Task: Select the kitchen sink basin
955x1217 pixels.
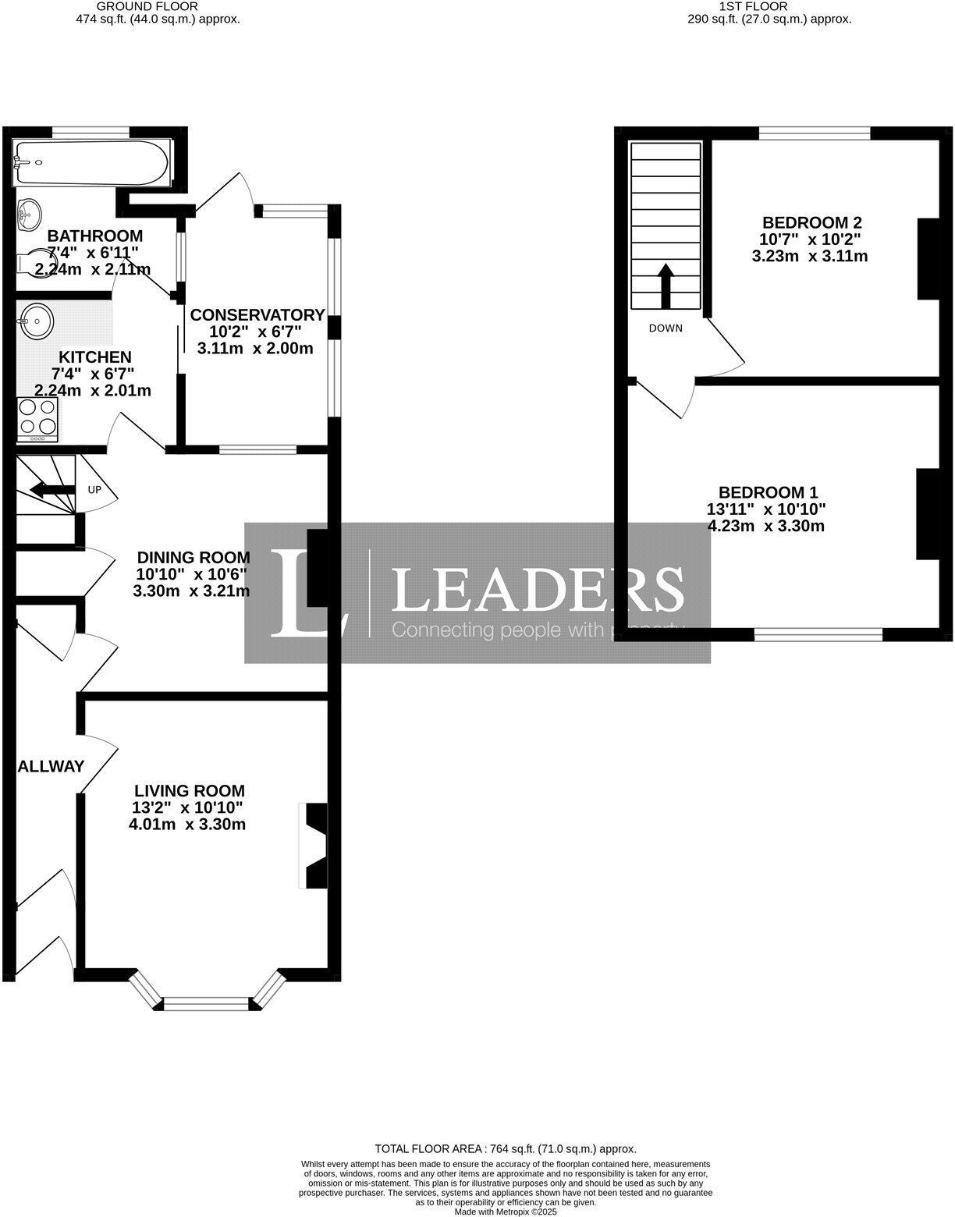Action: (x=36, y=320)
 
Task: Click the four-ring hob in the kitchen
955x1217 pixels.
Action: (x=37, y=419)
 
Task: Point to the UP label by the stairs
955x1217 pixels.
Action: (x=94, y=490)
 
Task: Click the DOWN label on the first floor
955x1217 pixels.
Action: (x=666, y=328)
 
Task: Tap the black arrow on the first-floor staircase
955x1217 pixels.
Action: (x=666, y=286)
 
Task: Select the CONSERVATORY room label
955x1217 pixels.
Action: (x=257, y=315)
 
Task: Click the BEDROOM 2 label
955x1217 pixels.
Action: (x=811, y=222)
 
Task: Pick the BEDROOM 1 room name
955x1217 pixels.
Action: (x=768, y=492)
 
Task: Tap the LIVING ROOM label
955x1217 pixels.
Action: (x=189, y=791)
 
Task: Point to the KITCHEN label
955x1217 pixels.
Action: (x=91, y=357)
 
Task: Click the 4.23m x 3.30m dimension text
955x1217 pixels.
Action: (x=766, y=526)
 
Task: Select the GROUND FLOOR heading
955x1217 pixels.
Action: (x=158, y=6)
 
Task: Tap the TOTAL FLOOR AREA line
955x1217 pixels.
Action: (x=506, y=1148)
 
